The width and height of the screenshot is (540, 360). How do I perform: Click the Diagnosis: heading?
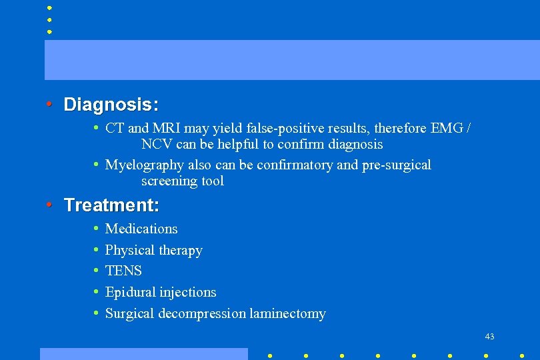pyautogui.click(x=111, y=105)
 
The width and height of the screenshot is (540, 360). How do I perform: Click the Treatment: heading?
pyautogui.click(x=111, y=205)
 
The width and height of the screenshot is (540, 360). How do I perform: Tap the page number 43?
pyautogui.click(x=490, y=337)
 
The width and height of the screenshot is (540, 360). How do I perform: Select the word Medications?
pyautogui.click(x=141, y=229)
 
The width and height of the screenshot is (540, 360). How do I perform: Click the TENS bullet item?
pyautogui.click(x=123, y=271)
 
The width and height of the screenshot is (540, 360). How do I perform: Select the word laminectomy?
pyautogui.click(x=288, y=313)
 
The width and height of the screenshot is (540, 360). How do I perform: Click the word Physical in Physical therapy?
pyautogui.click(x=129, y=251)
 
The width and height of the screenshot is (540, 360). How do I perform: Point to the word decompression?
pyautogui.click(x=202, y=313)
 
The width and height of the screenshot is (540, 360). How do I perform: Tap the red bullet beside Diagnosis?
pyautogui.click(x=49, y=104)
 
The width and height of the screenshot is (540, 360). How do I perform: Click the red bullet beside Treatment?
pyautogui.click(x=49, y=204)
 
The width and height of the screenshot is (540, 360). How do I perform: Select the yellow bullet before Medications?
pyautogui.click(x=97, y=229)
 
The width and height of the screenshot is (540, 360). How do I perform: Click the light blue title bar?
pyautogui.click(x=292, y=59)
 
